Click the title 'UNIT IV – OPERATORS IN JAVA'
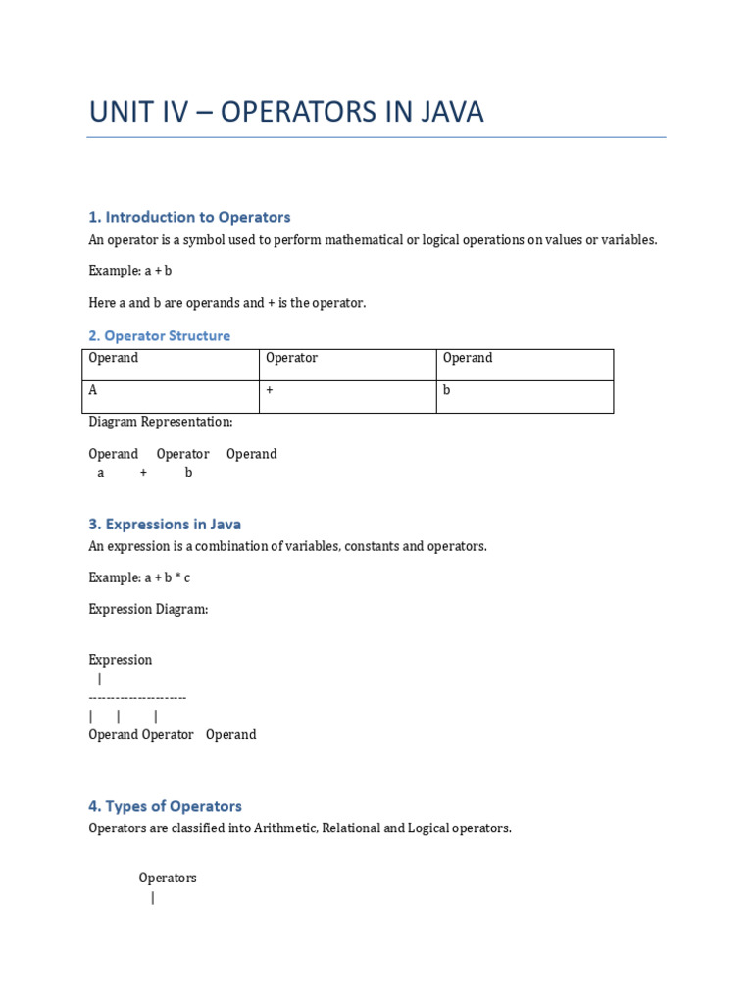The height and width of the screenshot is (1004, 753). pos(286,112)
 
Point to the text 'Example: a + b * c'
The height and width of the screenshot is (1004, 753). pos(139,578)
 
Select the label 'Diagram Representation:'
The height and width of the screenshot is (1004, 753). pos(161,422)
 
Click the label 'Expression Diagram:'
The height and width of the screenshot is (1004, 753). pos(148,609)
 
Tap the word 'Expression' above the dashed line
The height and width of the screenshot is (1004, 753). pos(121,660)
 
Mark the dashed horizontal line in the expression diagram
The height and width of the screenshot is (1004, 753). pos(137,697)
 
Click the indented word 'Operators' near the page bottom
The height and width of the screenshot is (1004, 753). pos(168,878)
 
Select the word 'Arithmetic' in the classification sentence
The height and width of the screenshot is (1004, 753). pos(335,828)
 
